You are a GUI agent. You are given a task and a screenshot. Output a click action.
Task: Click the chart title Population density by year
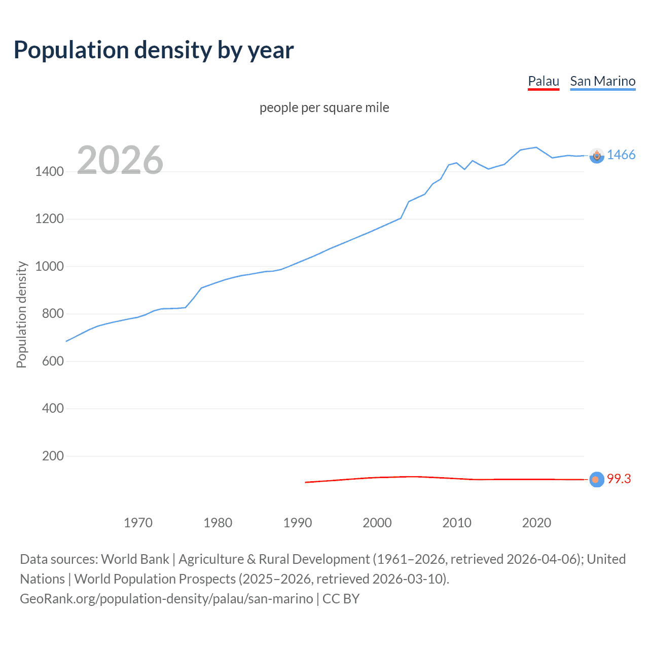click(x=154, y=50)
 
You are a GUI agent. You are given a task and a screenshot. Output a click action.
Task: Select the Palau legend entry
click(x=543, y=81)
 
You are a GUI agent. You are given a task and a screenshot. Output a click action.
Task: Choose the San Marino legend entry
click(x=602, y=81)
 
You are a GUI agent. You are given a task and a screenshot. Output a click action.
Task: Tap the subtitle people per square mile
click(x=324, y=107)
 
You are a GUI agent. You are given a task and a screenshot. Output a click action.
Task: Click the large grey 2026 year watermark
click(x=120, y=160)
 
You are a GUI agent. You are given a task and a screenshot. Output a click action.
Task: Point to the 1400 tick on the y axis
click(x=49, y=171)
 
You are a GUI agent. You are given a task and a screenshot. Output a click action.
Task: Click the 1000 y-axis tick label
click(x=49, y=266)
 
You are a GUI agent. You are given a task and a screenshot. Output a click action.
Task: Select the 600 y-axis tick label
click(x=53, y=361)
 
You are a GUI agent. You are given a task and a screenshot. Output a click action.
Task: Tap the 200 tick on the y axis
click(x=53, y=456)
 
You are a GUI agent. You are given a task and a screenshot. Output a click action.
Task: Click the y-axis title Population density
click(x=21, y=314)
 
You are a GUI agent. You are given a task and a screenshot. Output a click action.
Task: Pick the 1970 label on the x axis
click(x=138, y=523)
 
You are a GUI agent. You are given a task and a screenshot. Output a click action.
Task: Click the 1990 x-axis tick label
click(x=298, y=523)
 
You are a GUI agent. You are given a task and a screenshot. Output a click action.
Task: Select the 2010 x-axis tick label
click(x=457, y=523)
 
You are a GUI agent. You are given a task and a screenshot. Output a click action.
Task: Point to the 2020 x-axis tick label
click(x=536, y=523)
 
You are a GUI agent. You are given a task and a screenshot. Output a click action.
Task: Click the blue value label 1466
click(x=621, y=155)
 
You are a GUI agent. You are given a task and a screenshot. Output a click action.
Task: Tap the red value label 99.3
click(x=619, y=479)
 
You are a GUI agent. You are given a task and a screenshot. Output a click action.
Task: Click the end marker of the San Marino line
click(x=597, y=156)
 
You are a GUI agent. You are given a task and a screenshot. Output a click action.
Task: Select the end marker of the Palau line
click(x=597, y=479)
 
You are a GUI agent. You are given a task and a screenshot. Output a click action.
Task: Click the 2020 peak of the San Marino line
click(x=536, y=148)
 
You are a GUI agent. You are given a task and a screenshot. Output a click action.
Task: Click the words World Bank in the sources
click(x=135, y=559)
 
